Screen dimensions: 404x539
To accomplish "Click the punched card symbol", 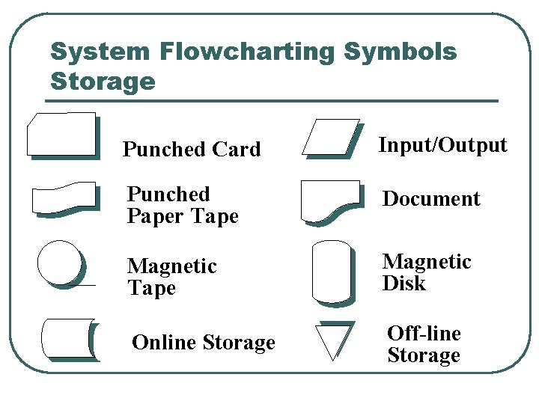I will tap(62, 135).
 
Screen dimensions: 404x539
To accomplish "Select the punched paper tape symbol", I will tap(65, 198).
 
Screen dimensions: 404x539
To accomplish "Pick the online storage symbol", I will tap(69, 339).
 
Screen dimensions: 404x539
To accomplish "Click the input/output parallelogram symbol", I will tap(330, 137).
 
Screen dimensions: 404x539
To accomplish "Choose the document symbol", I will tap(329, 200).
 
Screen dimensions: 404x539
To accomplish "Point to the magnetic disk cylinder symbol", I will tap(331, 272).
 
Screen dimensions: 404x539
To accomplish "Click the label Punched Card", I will tap(192, 150).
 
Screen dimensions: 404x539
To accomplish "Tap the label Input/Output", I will tap(442, 145).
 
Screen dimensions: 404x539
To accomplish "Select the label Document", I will tap(431, 199).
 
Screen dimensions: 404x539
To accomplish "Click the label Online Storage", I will tap(203, 343).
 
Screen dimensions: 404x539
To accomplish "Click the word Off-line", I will tap(424, 334).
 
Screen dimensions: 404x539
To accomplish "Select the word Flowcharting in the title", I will tap(246, 52).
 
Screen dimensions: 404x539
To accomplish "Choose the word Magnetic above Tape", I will tap(172, 266).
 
